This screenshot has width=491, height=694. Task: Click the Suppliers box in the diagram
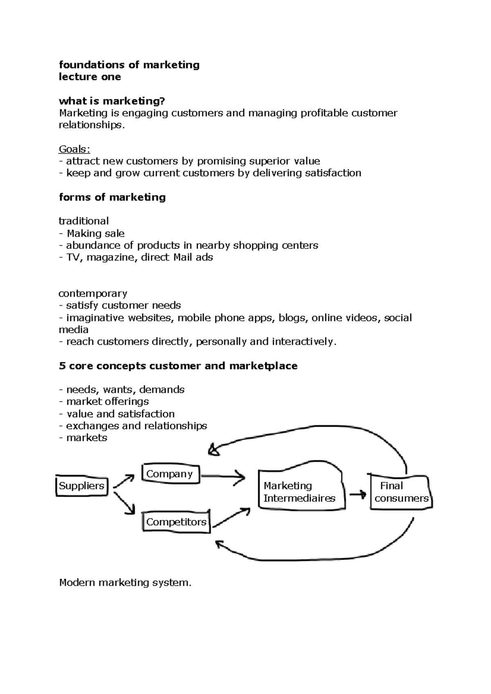82,486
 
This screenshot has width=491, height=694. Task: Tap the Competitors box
176,522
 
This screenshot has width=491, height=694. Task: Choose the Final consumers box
401,492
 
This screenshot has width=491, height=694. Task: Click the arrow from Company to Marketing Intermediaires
223,477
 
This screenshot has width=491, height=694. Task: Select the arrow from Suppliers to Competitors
124,503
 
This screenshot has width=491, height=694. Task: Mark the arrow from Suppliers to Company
124,481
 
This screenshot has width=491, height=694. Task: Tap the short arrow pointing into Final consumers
358,495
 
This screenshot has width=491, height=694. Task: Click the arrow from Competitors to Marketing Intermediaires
232,517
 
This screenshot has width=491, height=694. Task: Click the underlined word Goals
74,149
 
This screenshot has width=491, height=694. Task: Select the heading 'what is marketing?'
114,101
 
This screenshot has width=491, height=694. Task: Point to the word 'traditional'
84,221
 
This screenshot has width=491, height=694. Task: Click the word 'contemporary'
93,293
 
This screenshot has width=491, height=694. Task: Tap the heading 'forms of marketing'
113,197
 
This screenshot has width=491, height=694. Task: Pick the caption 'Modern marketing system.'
125,582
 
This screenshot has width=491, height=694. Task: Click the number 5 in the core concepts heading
62,366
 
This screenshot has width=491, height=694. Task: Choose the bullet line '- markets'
83,438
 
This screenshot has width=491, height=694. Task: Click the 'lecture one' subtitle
90,77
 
